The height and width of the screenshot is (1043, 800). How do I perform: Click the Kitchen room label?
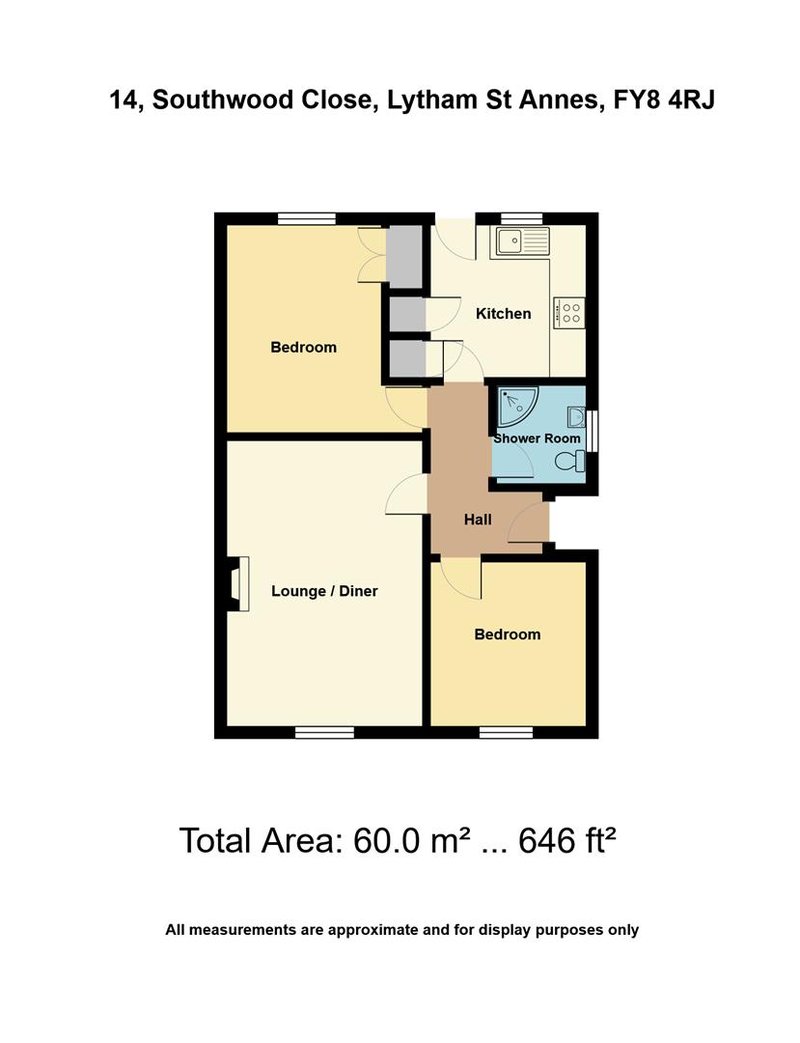tap(503, 313)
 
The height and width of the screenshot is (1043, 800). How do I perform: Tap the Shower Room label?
tap(538, 438)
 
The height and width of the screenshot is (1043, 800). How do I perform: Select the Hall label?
tap(478, 520)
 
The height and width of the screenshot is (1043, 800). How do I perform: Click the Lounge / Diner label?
tap(324, 591)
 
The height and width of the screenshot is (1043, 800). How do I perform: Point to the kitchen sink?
tap(520, 240)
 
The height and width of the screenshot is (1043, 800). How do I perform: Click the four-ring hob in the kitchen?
tap(569, 312)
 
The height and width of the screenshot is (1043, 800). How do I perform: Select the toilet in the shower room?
tap(569, 462)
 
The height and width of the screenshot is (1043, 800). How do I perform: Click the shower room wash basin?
tap(576, 417)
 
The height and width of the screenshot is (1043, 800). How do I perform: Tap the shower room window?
tap(593, 431)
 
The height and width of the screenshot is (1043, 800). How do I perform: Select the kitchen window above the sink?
tap(521, 218)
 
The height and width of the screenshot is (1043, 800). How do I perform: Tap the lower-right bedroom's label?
tap(507, 634)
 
